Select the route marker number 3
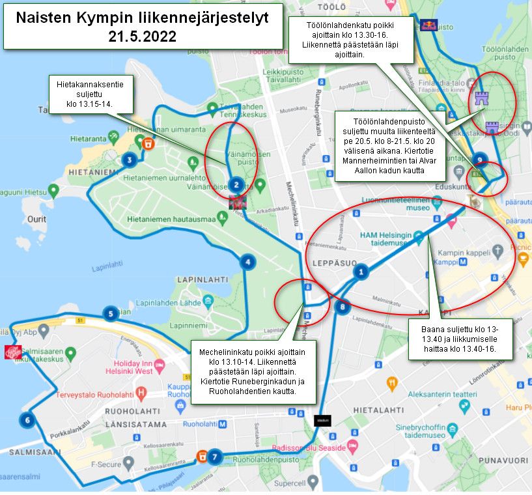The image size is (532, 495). point(130,160)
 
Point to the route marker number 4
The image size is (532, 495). point(247,262)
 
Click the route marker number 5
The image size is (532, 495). point(111,314)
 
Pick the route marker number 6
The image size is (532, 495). point(27,420)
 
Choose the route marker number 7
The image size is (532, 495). point(215,457)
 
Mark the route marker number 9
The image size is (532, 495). point(479,158)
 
